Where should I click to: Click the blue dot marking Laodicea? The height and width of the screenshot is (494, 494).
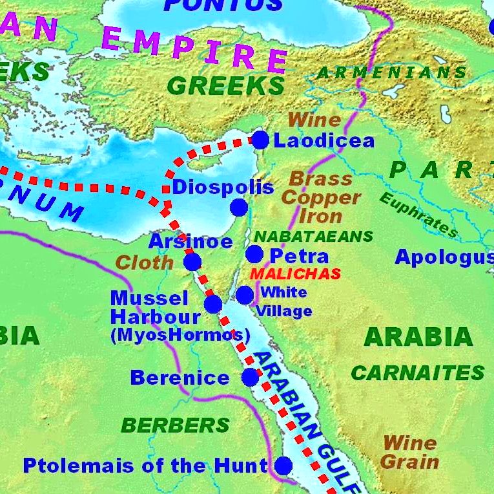260,140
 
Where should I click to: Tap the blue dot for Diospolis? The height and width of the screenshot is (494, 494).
239,208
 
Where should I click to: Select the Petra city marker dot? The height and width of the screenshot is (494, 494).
254,254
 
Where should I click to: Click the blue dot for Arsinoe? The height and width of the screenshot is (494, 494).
192,262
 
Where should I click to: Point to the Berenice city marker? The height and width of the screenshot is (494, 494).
251,378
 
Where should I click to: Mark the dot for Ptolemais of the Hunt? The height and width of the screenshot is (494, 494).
283,466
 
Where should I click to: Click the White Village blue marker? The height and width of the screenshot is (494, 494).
245,295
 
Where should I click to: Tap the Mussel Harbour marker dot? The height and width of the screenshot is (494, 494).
213,305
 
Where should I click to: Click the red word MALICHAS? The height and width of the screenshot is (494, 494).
295,274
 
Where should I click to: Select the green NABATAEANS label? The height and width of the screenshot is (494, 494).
313,236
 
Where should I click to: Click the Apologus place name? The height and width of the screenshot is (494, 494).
444,257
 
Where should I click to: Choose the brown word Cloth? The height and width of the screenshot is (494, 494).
145,263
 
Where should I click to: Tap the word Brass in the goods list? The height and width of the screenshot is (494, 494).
321,179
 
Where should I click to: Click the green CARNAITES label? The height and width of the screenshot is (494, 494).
417,373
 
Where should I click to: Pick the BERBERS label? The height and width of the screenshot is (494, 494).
175,425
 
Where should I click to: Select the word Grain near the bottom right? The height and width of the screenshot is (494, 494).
409,462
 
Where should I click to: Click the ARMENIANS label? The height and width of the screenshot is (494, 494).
391,72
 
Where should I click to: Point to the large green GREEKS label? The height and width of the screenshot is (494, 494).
225,85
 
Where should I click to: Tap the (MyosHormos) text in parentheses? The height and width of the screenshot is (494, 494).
180,336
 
